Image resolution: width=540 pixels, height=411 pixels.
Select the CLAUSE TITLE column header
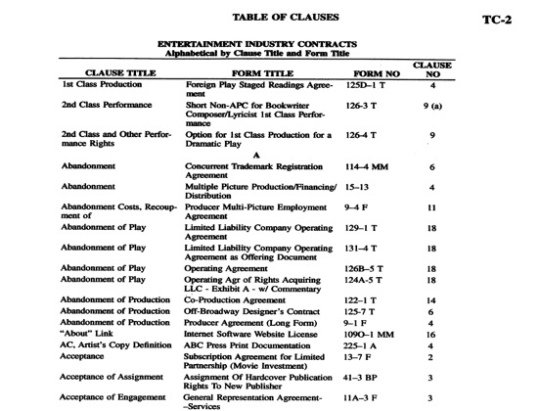tap(118, 71)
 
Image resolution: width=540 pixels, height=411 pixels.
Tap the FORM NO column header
tap(372, 71)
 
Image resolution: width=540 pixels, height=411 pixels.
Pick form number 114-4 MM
tap(371, 167)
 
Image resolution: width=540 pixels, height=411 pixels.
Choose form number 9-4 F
tap(362, 207)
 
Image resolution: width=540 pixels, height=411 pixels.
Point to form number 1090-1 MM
tap(371, 334)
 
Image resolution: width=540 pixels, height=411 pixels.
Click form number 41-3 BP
tap(364, 375)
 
